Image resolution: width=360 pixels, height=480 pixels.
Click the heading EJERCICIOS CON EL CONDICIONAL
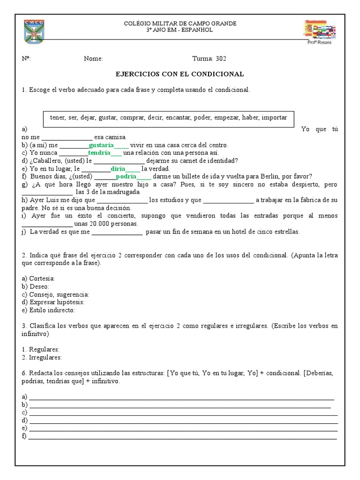click(180, 74)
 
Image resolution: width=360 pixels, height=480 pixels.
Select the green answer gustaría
click(101, 145)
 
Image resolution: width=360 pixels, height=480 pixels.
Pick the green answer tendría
click(99, 153)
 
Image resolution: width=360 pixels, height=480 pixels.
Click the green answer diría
click(118, 169)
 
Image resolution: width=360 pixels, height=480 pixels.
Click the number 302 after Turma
click(221, 59)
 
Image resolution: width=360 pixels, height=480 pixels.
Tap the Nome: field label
click(93, 59)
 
